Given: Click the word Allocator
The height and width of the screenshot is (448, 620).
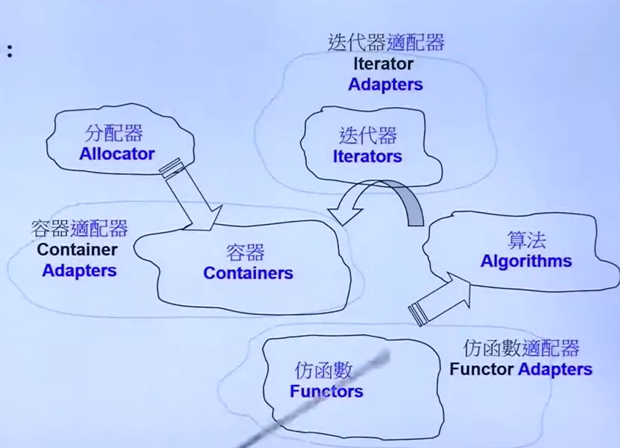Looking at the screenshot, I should pyautogui.click(x=117, y=154).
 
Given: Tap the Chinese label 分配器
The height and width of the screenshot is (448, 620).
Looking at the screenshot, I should pyautogui.click(x=114, y=134).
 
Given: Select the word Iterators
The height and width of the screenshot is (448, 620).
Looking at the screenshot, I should pyautogui.click(x=367, y=157).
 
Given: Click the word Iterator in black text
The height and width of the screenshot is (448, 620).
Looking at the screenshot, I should pyautogui.click(x=383, y=64).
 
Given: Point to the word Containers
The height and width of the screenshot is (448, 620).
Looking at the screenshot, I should pyautogui.click(x=248, y=273).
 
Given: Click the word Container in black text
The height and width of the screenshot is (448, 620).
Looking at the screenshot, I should pyautogui.click(x=77, y=249).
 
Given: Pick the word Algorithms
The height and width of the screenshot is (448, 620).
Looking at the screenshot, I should pyautogui.click(x=526, y=262).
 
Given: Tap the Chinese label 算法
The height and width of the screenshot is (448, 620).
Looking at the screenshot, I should pyautogui.click(x=526, y=241).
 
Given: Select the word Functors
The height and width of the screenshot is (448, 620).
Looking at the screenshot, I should pyautogui.click(x=326, y=391).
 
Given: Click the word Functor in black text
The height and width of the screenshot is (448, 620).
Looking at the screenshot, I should pyautogui.click(x=481, y=369).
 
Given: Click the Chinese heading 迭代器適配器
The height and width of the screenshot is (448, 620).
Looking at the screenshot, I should pyautogui.click(x=385, y=43).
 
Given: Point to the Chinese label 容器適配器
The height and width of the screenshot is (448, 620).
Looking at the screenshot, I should pyautogui.click(x=80, y=229).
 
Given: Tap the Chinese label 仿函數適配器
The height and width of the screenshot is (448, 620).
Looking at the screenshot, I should pyautogui.click(x=521, y=349).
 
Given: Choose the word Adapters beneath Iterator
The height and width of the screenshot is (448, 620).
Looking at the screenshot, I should pyautogui.click(x=385, y=85).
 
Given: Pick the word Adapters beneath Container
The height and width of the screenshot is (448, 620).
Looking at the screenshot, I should pyautogui.click(x=79, y=270).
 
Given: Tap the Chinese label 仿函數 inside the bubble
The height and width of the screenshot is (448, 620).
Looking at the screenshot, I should pyautogui.click(x=323, y=371).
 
